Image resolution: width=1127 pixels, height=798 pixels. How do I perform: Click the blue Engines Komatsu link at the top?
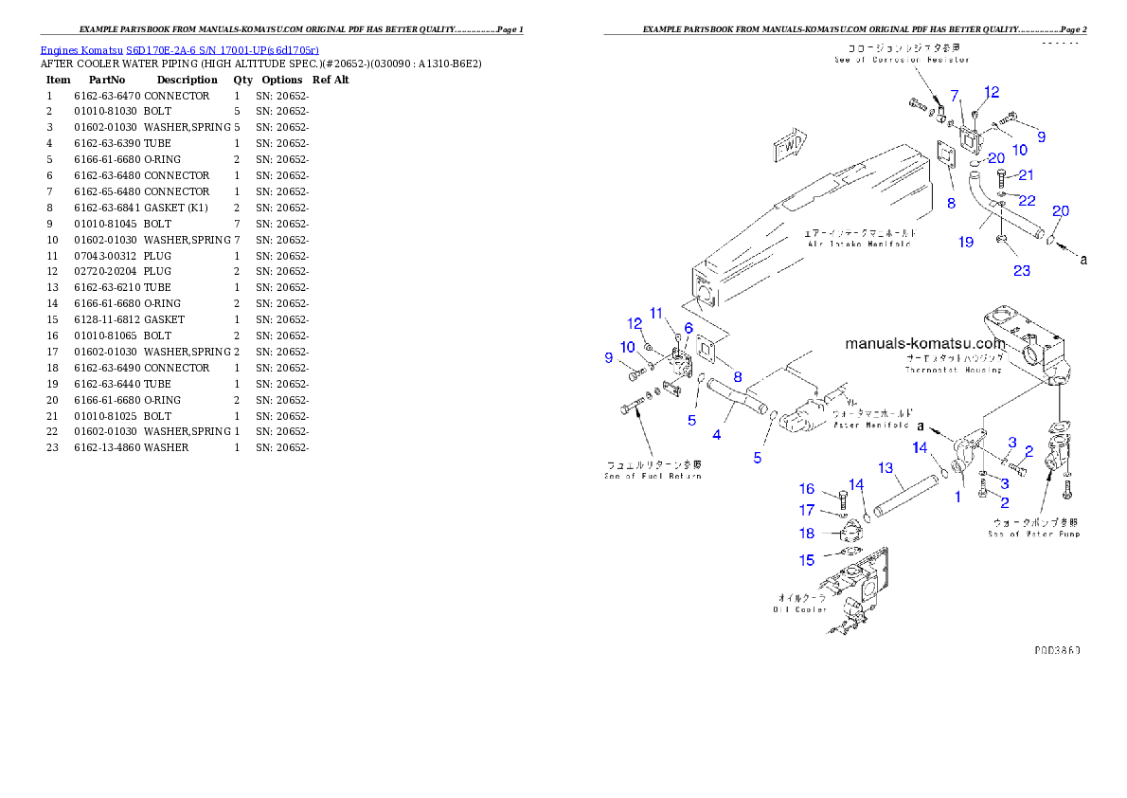[179, 49]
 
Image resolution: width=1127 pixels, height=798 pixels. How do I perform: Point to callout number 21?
[1026, 175]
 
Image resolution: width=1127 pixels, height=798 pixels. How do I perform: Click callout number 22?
[1027, 201]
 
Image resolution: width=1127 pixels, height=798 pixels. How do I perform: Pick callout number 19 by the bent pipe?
[965, 242]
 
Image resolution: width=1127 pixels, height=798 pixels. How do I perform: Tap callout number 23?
[1022, 271]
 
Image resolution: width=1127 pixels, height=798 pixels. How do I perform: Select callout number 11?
[655, 314]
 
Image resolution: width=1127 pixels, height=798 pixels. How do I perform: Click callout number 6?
[689, 328]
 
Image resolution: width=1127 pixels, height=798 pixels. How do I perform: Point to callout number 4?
[717, 435]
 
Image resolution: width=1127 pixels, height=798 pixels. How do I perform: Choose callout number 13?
[885, 468]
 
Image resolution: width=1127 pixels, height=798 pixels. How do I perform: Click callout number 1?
[957, 496]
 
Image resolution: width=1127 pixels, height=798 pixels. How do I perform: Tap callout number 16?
[806, 489]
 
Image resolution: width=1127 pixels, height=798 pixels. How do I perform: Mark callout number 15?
[806, 560]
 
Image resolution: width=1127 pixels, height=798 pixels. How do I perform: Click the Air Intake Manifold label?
[858, 238]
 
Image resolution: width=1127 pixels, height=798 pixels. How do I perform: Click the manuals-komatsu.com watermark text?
[924, 343]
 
